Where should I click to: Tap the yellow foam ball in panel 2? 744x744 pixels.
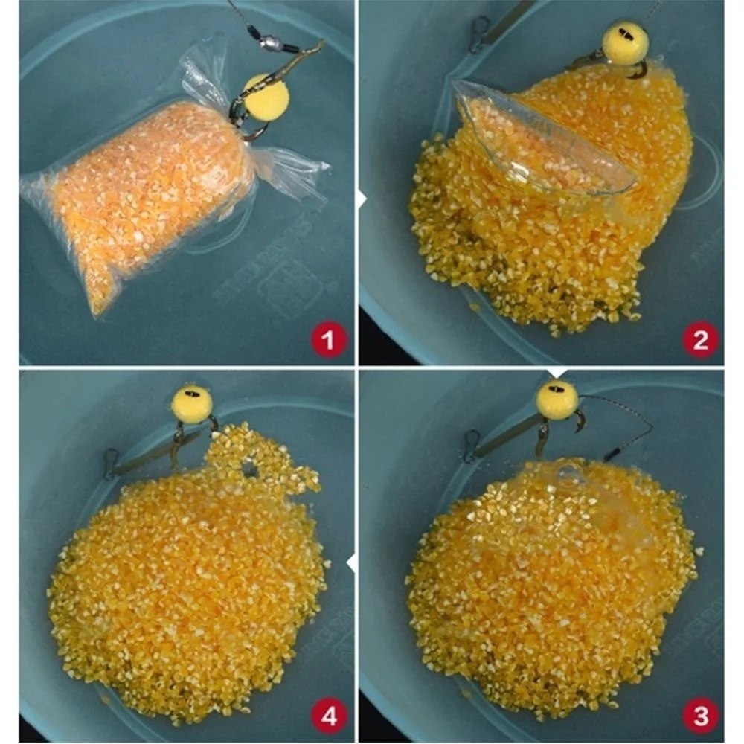tap(625, 42)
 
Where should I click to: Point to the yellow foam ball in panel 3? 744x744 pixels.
tap(557, 400)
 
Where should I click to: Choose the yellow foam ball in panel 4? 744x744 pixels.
tap(192, 404)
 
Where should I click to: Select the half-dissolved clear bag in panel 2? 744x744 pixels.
tap(543, 141)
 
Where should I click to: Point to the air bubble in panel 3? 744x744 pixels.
tap(569, 476)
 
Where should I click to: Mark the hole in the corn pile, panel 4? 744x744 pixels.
tap(251, 469)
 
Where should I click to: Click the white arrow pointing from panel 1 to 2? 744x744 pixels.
tap(362, 199)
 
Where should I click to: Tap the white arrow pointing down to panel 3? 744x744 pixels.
tap(557, 371)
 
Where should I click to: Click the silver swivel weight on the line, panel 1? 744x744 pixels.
tap(272, 42)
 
